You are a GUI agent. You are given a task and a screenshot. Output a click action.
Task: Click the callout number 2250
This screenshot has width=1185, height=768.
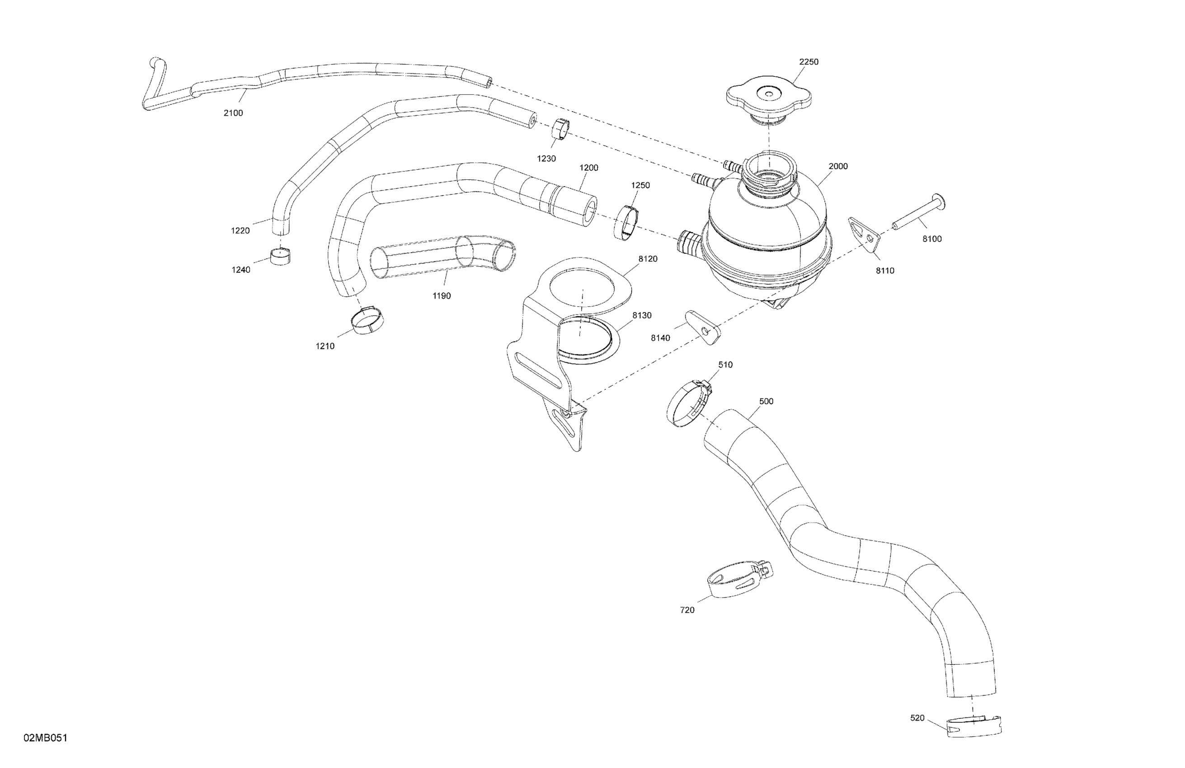[x=809, y=62]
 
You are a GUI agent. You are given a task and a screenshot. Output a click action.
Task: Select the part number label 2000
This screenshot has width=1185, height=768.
[x=838, y=166]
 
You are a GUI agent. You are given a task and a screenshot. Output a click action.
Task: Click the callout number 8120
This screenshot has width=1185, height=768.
[x=648, y=259]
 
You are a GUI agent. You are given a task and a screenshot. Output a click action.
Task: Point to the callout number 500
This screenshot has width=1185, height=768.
[x=766, y=401]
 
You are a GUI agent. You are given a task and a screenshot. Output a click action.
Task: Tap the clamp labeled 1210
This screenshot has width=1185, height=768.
[x=368, y=319]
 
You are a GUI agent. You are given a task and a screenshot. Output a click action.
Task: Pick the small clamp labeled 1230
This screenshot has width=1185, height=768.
[x=560, y=131]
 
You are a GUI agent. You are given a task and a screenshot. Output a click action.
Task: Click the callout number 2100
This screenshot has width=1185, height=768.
[x=233, y=113]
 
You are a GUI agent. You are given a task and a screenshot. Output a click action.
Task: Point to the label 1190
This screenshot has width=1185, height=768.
[x=441, y=295]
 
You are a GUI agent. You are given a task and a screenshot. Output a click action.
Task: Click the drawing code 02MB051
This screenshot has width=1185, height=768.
[x=45, y=738]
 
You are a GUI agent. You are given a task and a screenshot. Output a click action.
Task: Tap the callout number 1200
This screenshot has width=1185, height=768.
[x=588, y=168]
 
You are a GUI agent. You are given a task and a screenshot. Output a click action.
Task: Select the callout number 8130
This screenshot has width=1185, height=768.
[x=642, y=315]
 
